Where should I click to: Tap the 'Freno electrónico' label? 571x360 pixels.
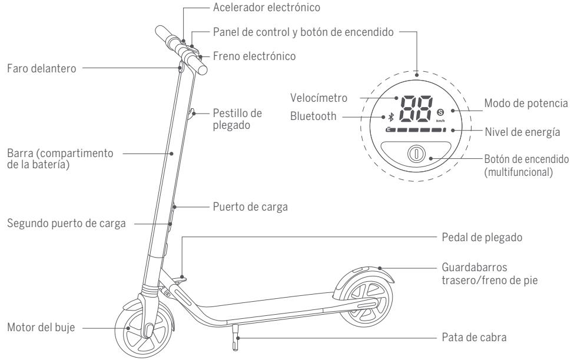pyautogui.click(x=255, y=56)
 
